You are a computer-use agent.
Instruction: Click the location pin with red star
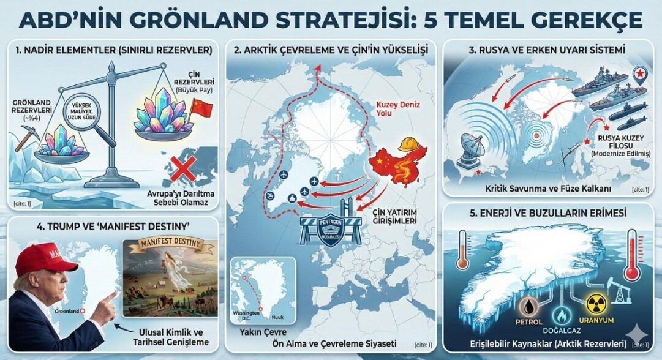point(639,77)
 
